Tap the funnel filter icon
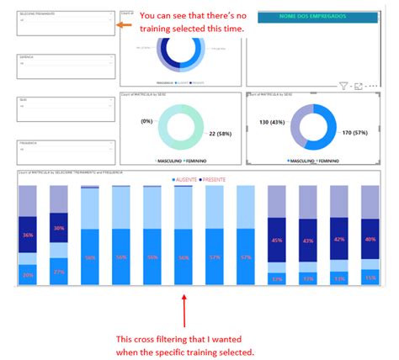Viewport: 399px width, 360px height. pyautogui.click(x=343, y=86)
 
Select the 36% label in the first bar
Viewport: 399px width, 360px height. pyautogui.click(x=29, y=235)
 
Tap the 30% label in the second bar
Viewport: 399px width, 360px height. pyautogui.click(x=59, y=228)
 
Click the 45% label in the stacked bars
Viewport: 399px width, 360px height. pyautogui.click(x=277, y=239)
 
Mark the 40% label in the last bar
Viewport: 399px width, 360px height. pyautogui.click(x=370, y=239)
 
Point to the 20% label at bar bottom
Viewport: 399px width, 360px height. pyautogui.click(x=29, y=275)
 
